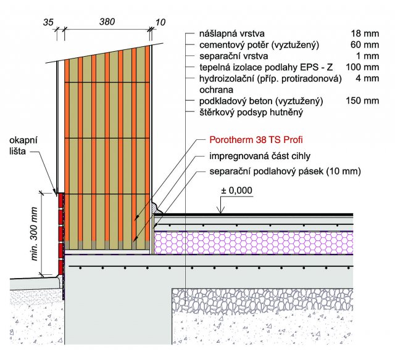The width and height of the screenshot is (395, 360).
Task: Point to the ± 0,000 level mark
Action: point(237,191)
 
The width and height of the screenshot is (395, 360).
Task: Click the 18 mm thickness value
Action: point(365,35)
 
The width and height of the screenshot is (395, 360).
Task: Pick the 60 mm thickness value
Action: point(365,45)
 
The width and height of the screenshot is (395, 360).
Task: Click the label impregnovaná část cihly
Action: point(259,155)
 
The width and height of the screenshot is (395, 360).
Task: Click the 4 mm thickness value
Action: point(368,78)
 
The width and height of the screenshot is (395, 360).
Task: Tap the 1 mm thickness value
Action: point(368,56)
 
